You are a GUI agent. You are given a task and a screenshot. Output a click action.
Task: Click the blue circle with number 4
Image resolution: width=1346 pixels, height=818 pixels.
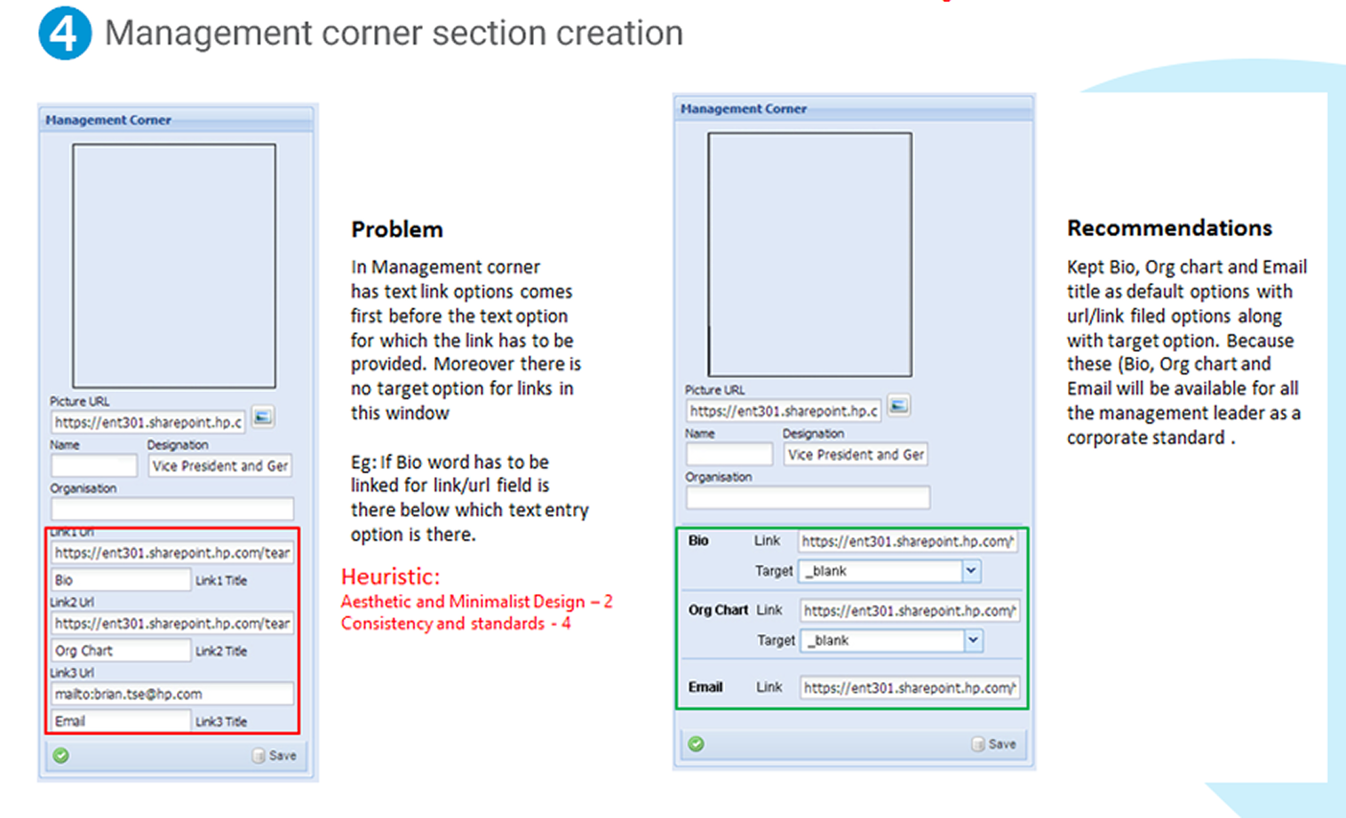64,33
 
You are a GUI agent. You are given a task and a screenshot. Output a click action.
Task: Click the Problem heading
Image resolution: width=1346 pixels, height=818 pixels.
396,229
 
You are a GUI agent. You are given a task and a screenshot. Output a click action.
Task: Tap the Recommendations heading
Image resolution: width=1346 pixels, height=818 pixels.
1169,227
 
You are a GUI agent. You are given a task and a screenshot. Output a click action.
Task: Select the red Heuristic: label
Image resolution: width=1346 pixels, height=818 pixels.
390,576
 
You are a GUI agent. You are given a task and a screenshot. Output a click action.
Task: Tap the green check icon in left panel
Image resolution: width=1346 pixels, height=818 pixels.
60,756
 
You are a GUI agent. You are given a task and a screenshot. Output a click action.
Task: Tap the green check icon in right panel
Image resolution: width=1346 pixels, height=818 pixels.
697,744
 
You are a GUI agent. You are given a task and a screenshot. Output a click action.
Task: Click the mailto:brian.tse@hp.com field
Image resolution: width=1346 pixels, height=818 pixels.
171,694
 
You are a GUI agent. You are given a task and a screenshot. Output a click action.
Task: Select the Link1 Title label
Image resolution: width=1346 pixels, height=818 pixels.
221,581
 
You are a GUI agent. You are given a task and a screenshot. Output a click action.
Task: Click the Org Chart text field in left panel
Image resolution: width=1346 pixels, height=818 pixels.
120,651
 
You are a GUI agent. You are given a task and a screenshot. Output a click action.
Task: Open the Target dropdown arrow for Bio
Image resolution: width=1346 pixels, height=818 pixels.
971,571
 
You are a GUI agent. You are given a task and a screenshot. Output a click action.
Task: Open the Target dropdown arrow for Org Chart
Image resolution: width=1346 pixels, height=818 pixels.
974,640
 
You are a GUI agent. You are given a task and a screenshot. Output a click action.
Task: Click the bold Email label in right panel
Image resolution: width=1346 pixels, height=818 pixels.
705,687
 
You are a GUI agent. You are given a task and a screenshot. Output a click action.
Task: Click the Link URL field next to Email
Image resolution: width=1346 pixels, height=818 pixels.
908,687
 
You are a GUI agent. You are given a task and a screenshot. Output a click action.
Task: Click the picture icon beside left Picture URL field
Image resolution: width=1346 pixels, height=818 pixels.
263,417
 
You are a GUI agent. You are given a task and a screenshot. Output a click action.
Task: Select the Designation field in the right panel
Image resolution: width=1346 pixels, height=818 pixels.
855,455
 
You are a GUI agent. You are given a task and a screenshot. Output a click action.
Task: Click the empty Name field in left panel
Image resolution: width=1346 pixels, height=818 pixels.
94,465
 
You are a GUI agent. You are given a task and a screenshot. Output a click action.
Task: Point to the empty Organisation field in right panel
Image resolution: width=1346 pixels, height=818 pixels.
808,497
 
